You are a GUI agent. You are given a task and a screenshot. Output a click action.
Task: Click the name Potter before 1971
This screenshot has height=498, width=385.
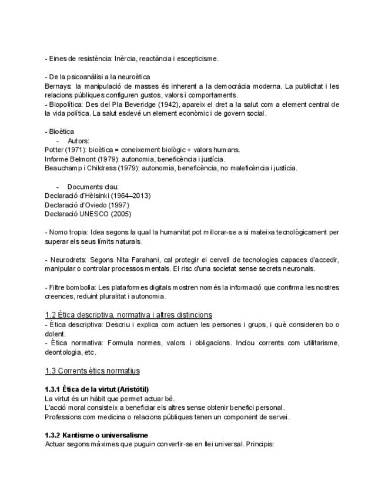click(x=55, y=150)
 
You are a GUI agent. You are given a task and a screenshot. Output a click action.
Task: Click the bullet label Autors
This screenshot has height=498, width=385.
click(x=78, y=141)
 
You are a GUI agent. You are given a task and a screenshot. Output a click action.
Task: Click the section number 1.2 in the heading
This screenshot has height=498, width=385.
click(x=51, y=315)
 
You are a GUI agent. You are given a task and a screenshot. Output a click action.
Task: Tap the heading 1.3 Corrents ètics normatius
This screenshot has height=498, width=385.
click(x=92, y=371)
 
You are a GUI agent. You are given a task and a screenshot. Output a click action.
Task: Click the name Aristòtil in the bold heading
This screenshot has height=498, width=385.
click(x=132, y=389)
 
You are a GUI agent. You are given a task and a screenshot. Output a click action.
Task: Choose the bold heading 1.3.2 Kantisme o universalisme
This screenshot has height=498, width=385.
click(x=96, y=435)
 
